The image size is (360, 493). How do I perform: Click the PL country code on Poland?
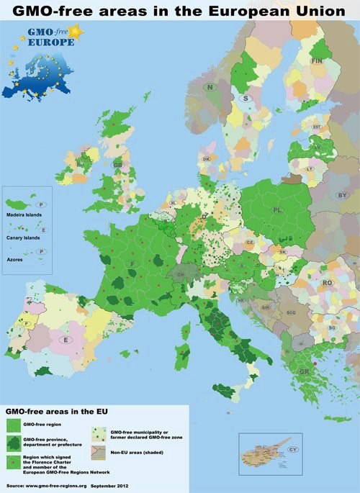[276, 209]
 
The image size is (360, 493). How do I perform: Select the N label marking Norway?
[210, 87]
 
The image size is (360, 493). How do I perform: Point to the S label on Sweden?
[246, 98]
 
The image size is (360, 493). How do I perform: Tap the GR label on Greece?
[305, 372]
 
